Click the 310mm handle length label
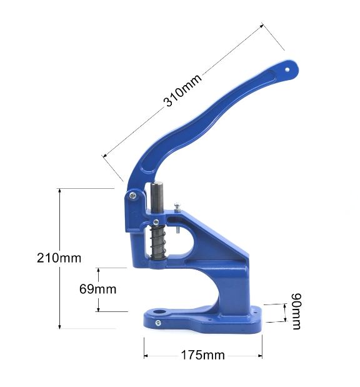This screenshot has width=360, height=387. point(182,90)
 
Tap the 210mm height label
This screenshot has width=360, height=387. point(59,258)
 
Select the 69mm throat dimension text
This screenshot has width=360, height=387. point(97,289)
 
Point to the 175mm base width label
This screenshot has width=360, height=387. point(203,355)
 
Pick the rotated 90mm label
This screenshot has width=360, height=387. point(296,311)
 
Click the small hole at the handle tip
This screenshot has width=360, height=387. point(287,70)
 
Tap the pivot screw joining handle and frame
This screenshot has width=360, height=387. point(132,196)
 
